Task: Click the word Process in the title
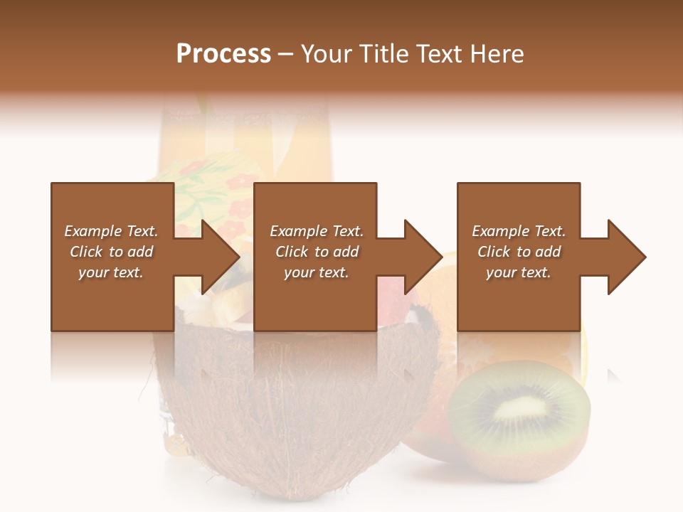[x=223, y=54]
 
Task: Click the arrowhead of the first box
[x=217, y=257]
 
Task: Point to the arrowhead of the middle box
[x=420, y=257]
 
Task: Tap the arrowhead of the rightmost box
[x=624, y=257]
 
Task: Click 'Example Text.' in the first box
[x=111, y=231]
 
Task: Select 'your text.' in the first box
[x=111, y=272]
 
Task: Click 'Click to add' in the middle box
[x=317, y=252]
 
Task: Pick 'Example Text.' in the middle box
[x=317, y=231]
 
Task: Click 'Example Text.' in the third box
[x=519, y=231]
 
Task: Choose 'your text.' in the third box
[x=519, y=272]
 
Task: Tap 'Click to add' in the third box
[x=519, y=252]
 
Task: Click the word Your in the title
[x=324, y=54]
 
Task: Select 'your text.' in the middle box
[x=317, y=272]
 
